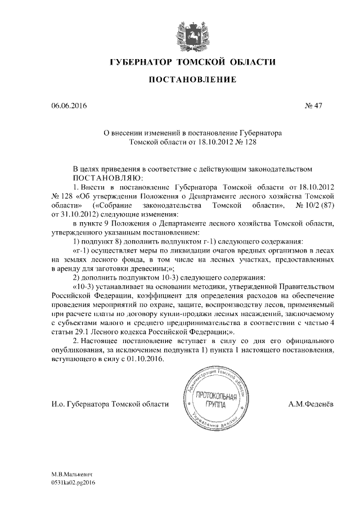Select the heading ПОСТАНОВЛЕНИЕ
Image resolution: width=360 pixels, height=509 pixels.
(184, 81)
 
